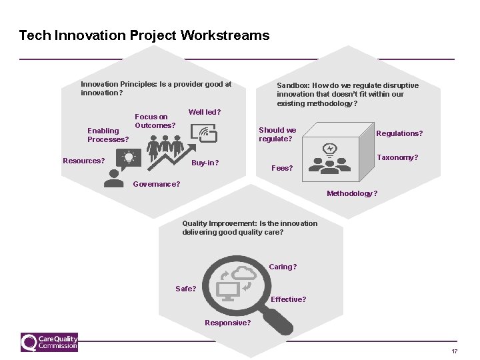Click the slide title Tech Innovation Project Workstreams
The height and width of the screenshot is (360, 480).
[144, 35]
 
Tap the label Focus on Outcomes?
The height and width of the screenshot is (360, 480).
[155, 121]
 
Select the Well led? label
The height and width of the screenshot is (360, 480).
[205, 112]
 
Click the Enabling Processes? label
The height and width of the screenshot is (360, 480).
[107, 135]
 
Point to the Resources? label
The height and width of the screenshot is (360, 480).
[83, 161]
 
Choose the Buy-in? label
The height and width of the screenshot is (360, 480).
[205, 163]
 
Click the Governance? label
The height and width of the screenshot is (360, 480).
[157, 184]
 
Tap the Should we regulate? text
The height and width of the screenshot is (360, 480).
[277, 135]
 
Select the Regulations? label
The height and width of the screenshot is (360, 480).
[399, 133]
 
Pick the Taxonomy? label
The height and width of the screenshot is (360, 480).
[397, 158]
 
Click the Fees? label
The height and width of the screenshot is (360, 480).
[282, 168]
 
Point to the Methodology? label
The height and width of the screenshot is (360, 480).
[351, 193]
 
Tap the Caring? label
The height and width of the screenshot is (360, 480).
[283, 267]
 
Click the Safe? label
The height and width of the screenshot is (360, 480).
[185, 289]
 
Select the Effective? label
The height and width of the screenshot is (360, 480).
[288, 299]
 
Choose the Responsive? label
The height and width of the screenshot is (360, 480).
[227, 323]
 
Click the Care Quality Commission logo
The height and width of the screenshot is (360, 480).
[49, 343]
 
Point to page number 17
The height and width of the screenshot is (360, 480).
[454, 351]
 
